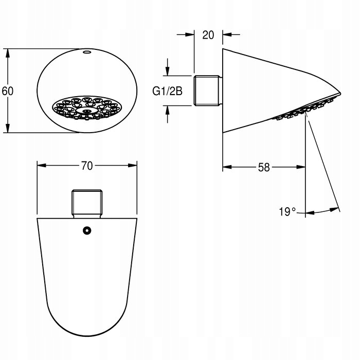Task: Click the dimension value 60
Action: coord(8,91)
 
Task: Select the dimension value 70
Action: coord(87,166)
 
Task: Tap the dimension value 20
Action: coord(208,35)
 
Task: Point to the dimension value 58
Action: coord(264,167)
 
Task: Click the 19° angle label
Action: coord(287,211)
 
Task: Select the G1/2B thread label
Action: coord(167,91)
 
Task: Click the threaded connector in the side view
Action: coord(208,91)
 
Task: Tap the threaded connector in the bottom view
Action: coord(87,204)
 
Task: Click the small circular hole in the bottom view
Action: coord(87,230)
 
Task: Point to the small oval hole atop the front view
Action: coord(87,52)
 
